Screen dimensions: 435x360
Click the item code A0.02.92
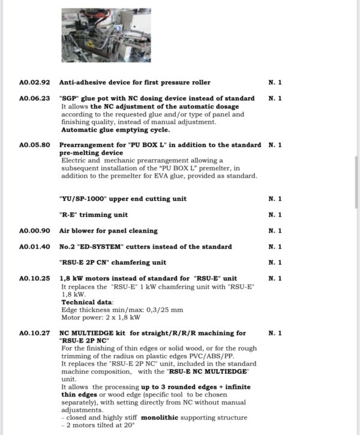(34, 82)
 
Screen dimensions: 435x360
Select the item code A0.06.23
(34, 98)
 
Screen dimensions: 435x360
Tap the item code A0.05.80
(34, 145)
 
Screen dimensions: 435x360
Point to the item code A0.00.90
(34, 231)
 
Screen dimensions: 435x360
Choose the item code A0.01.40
(34, 247)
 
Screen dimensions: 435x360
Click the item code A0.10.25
(34, 278)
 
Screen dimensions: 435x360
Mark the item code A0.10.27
(34, 333)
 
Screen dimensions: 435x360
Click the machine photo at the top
(106, 35)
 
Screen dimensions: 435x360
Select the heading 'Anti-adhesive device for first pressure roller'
(134, 82)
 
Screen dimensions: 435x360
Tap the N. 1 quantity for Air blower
(275, 231)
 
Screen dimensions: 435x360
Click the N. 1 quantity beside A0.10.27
(275, 333)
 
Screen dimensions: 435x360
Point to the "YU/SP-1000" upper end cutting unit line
(122, 199)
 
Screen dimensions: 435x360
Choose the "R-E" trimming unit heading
(93, 215)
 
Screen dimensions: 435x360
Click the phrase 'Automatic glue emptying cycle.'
(115, 130)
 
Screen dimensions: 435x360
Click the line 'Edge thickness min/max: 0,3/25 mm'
(122, 310)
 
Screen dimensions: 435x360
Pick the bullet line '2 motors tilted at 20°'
(99, 425)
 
